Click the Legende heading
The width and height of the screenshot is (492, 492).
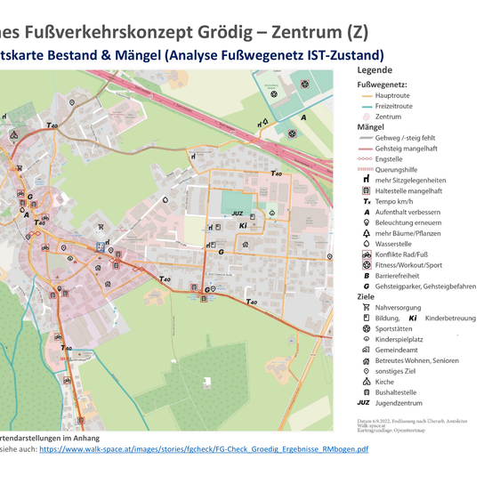(374, 70)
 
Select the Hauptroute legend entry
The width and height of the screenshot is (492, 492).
(392, 94)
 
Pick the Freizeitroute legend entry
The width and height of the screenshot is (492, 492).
(393, 105)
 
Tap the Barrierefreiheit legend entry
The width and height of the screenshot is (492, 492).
(399, 276)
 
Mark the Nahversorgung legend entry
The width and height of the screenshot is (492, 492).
(399, 307)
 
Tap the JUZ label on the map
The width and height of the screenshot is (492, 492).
(237, 214)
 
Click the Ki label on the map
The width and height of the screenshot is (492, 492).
(243, 227)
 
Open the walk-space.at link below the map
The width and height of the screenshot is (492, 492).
(203, 450)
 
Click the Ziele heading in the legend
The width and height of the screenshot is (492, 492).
(366, 296)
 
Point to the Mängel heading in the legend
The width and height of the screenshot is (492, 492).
(370, 127)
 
